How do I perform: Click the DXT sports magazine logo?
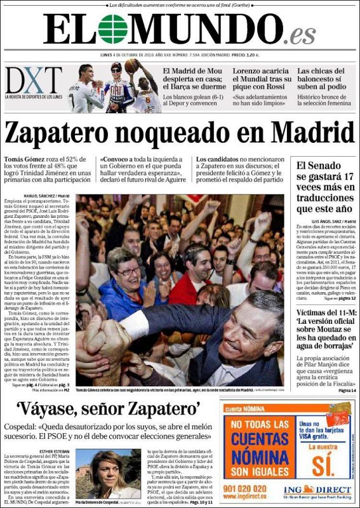click(33, 81)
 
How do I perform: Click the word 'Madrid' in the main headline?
click(311, 133)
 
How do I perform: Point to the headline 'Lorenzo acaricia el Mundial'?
click(260, 77)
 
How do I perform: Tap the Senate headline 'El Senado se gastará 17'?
click(324, 187)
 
